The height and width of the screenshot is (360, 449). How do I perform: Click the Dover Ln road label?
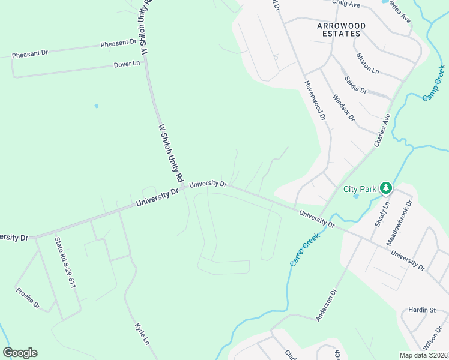(127, 64)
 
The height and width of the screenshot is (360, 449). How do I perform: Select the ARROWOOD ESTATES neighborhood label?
(339, 29)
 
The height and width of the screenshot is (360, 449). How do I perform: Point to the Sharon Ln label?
(367, 64)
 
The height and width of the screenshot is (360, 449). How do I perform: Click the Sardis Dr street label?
(355, 85)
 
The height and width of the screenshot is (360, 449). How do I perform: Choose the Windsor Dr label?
(343, 107)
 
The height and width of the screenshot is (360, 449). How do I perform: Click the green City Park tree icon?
(386, 188)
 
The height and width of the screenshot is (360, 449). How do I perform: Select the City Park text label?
(360, 189)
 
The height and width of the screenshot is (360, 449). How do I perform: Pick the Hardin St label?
(421, 310)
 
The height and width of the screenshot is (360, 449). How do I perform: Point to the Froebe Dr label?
(28, 298)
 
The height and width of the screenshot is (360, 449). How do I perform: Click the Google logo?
(20, 353)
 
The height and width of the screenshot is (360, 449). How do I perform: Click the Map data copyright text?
(422, 355)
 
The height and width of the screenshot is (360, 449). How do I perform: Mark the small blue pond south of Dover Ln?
(96, 106)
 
